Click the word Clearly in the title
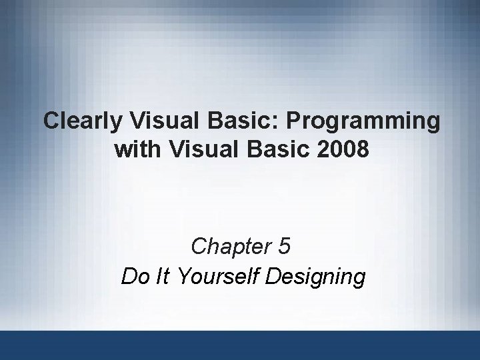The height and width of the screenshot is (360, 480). (83, 121)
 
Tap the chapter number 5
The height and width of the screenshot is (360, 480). (285, 247)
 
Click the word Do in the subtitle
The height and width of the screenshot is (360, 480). (135, 277)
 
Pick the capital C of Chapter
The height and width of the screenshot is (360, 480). (198, 247)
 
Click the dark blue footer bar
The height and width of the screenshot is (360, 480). (240, 345)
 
